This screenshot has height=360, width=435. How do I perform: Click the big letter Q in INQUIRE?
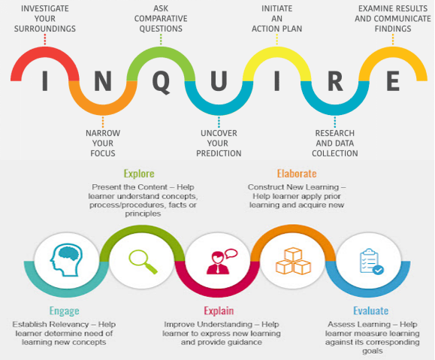pos(162,83)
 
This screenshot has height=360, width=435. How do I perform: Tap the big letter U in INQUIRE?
pos(219,81)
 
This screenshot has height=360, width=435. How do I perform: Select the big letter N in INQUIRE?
pos(103,81)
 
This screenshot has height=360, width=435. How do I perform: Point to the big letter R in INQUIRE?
pos(335,81)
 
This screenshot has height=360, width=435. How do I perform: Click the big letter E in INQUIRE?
pos(393,81)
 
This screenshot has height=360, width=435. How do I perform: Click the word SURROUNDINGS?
pos(45,29)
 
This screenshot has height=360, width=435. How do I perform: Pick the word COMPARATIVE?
pos(161,19)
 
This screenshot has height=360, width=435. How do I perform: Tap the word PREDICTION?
pos(219,153)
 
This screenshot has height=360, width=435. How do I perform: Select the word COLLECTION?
pos(335,153)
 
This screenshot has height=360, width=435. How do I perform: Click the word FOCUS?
pos(103,153)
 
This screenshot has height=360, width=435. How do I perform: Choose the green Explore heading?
pos(139,174)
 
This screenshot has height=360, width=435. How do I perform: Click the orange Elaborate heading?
pos(297,174)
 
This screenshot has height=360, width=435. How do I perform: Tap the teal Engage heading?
pos(65,311)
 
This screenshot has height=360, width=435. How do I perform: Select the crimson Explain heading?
pos(219,310)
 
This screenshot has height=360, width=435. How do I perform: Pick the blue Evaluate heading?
pos(371,310)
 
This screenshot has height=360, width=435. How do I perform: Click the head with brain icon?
pos(67,260)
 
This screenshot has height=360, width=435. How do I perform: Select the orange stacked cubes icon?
pos(293,261)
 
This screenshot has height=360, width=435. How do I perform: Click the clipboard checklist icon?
pos(372,262)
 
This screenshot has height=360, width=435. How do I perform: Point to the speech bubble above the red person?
pos(231,253)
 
